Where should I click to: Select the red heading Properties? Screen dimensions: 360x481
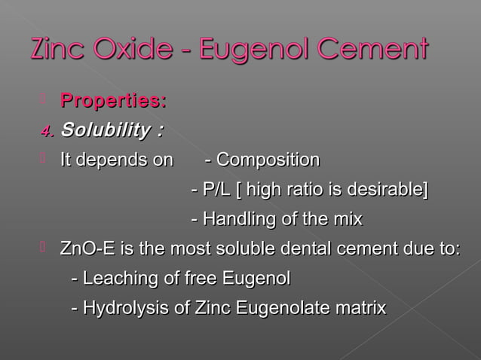point(113,100)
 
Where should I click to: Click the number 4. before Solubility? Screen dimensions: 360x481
point(47,132)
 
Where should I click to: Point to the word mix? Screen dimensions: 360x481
point(347,219)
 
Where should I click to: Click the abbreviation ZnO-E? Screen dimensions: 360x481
point(85,249)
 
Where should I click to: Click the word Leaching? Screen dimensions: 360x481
point(117,279)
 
